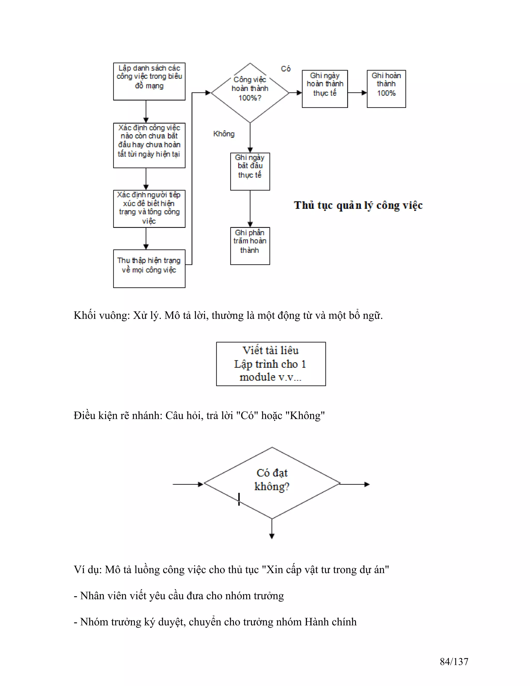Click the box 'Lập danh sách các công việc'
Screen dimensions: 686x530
pyautogui.click(x=149, y=81)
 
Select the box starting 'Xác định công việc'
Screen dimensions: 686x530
pyautogui.click(x=149, y=145)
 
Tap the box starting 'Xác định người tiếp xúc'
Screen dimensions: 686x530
pyautogui.click(x=149, y=209)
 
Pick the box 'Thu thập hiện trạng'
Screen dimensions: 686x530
pyautogui.click(x=149, y=268)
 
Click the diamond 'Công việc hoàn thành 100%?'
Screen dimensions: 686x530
pyautogui.click(x=250, y=93)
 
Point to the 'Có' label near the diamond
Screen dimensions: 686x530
pyautogui.click(x=286, y=69)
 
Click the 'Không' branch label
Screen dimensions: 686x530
pyautogui.click(x=224, y=134)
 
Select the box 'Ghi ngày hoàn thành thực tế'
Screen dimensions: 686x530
pyautogui.click(x=325, y=89)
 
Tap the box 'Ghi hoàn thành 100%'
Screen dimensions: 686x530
pyautogui.click(x=386, y=89)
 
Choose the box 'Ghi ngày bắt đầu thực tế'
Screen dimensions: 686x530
pyautogui.click(x=250, y=171)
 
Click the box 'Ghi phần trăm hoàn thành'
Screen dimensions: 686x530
pyautogui.click(x=250, y=246)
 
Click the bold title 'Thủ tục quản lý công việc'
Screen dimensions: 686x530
pyautogui.click(x=358, y=206)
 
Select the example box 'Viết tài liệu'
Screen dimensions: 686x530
pyautogui.click(x=271, y=364)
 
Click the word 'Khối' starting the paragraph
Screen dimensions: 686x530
pyautogui.click(x=84, y=315)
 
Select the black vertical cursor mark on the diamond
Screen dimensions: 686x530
pyautogui.click(x=239, y=499)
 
